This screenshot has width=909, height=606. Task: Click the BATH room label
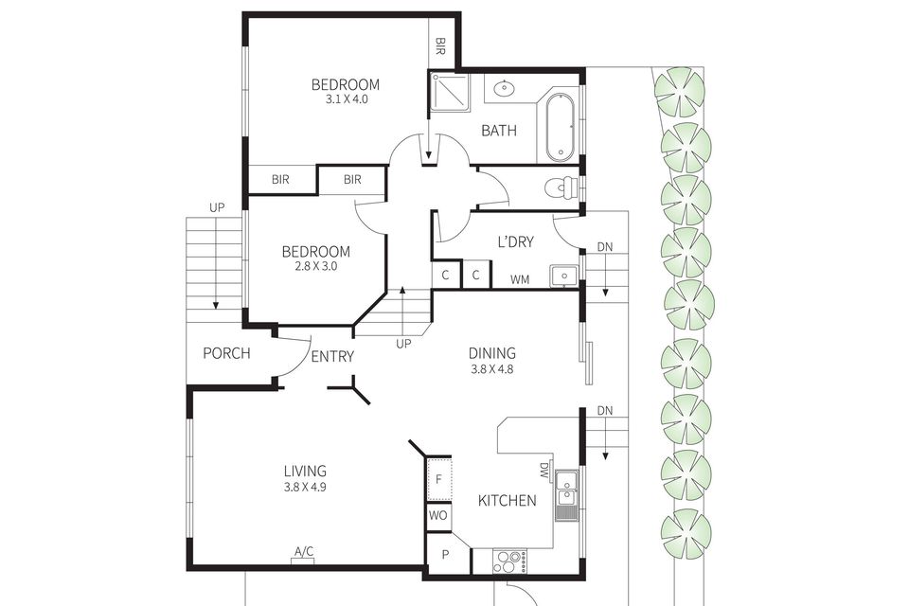coord(499,131)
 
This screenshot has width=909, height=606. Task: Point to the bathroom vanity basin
coord(504,90)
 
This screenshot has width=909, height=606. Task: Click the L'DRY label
coord(515,242)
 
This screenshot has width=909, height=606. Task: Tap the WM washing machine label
coord(520,279)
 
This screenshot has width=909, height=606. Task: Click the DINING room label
coord(492,354)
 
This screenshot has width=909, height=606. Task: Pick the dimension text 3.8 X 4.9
coord(305,488)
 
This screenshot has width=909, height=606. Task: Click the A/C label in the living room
coord(304,552)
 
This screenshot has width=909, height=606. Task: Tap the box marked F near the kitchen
coord(438,480)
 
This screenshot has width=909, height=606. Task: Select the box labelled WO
coord(437,516)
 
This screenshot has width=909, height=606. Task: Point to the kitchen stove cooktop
coord(510,561)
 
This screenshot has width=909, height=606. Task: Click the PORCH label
coord(227,354)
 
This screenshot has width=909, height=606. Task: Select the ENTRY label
coord(332,357)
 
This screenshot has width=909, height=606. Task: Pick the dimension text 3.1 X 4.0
coord(346,98)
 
